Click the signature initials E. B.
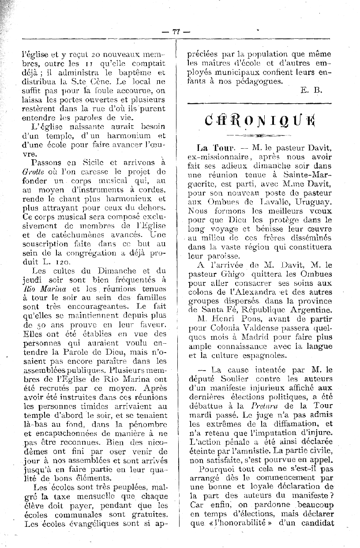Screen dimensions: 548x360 (x=311, y=90)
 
